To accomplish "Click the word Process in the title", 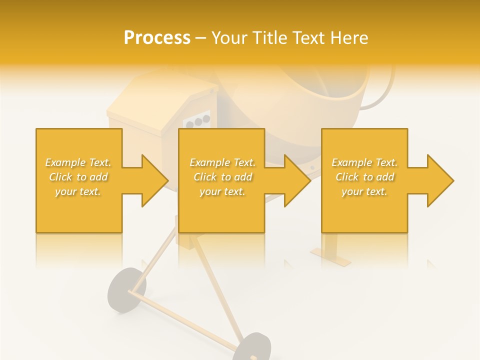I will pos(157,38).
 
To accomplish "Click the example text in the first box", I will pos(78,177).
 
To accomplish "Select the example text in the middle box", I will pos(222,177).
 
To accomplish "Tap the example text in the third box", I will pos(364,177).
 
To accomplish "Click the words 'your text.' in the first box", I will pos(78,191).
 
